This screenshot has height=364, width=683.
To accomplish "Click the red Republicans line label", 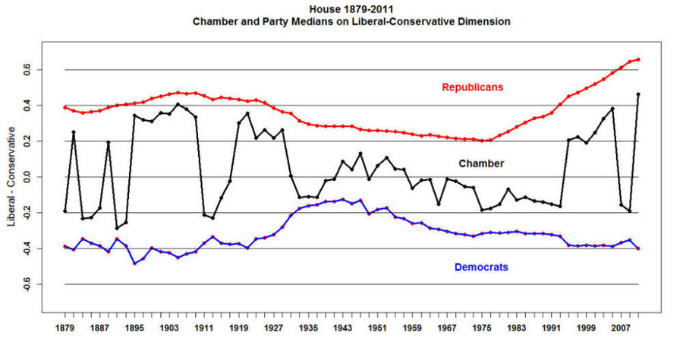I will click(x=472, y=87).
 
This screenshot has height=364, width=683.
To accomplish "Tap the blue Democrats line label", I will click(x=481, y=267).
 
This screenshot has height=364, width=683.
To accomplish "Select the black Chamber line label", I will click(x=481, y=163).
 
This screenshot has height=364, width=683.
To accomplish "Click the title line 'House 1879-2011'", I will click(x=351, y=8).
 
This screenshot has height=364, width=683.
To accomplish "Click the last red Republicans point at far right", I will click(x=638, y=59).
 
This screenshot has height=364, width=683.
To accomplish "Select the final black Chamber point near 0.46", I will click(x=638, y=94).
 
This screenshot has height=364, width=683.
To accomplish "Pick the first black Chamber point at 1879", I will click(x=65, y=210).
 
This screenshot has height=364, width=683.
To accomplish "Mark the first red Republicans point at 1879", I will click(x=65, y=107).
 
